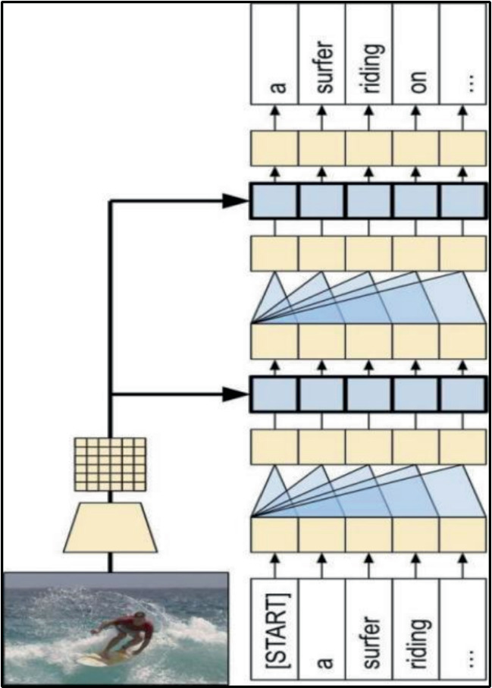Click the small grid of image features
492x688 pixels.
point(110,464)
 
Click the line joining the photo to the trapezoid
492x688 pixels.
point(110,564)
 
